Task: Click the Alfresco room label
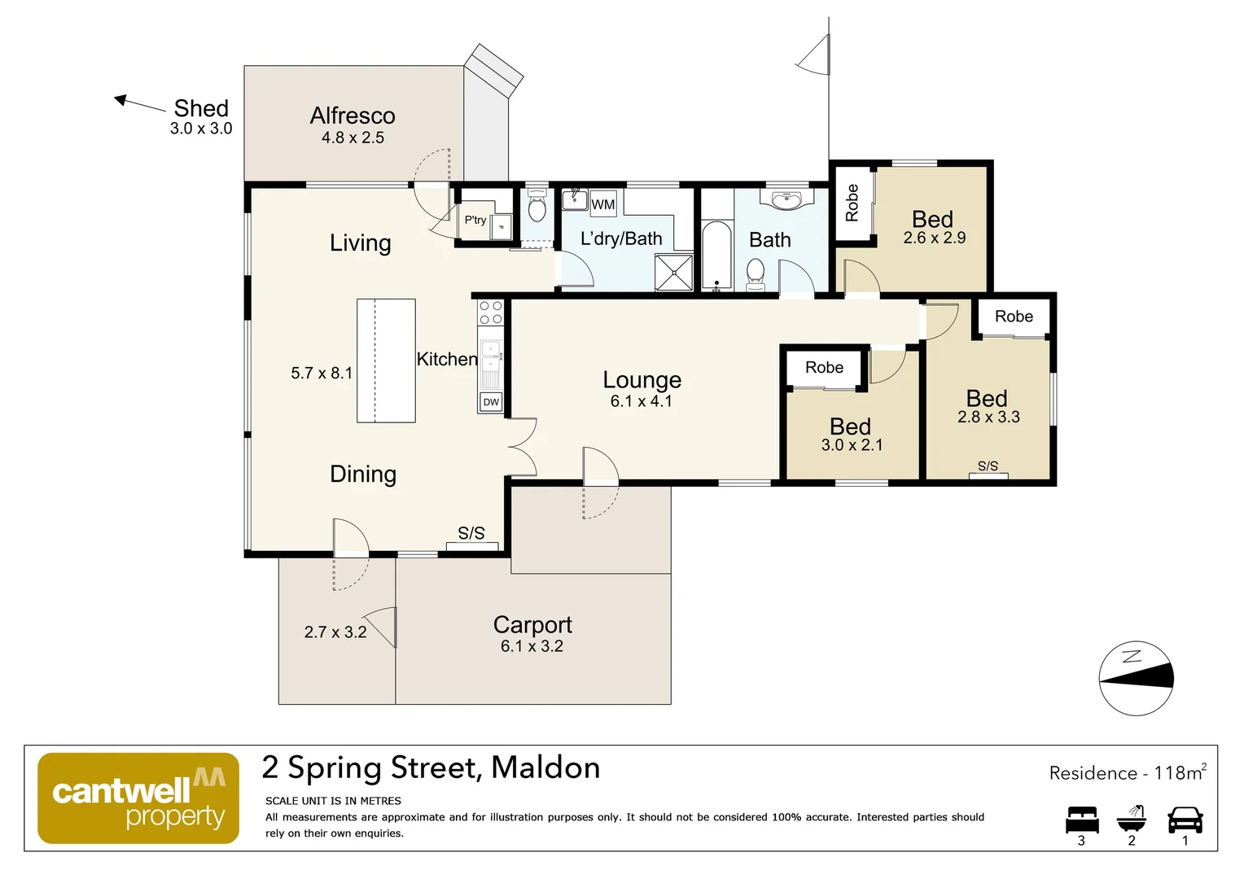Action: (353, 116)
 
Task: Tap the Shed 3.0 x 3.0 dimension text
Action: (201, 129)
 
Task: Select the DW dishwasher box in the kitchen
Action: (491, 402)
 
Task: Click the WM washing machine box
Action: (603, 204)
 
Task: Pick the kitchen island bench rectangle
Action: (386, 361)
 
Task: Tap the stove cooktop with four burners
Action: (491, 313)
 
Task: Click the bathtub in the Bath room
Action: (717, 256)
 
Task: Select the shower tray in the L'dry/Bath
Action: (674, 272)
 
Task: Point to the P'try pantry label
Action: (475, 220)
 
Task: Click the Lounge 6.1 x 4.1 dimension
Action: (642, 401)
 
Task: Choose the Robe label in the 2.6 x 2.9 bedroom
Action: (852, 203)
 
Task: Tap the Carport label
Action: (532, 624)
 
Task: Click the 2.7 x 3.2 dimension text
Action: (335, 632)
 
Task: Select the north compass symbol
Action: (1136, 678)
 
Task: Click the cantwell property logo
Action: (138, 798)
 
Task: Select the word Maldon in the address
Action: (545, 767)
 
